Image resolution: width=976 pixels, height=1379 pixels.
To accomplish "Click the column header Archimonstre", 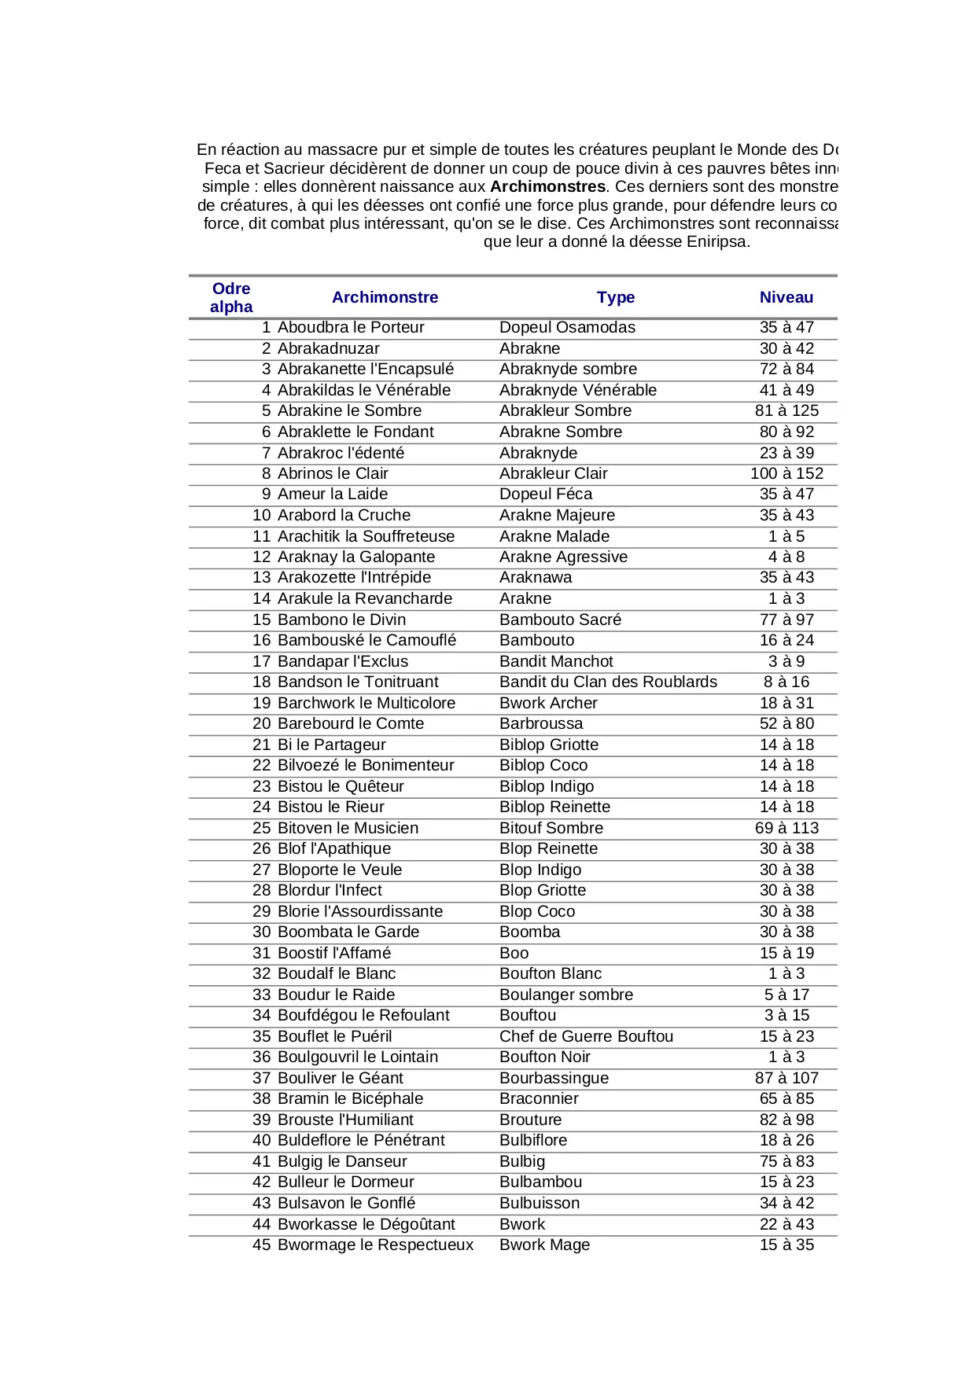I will [x=385, y=297].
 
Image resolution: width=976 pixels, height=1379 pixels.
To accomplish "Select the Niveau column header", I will [x=786, y=297].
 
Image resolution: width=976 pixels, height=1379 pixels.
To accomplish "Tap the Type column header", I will [x=615, y=297].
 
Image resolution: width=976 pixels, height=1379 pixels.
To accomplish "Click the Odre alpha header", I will [x=231, y=297].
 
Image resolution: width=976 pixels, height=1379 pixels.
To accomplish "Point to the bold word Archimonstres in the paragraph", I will [x=547, y=186].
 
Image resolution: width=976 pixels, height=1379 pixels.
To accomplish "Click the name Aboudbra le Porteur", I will [x=351, y=327].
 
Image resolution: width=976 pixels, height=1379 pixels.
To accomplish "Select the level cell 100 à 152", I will [x=786, y=473].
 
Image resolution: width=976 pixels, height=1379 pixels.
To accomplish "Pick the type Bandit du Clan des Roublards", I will [x=608, y=682].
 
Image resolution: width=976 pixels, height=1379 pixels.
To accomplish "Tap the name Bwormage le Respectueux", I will [x=376, y=1245].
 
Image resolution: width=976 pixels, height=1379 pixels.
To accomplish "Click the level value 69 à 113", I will [x=786, y=828].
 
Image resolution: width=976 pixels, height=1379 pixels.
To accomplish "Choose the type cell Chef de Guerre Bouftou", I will [x=586, y=1036].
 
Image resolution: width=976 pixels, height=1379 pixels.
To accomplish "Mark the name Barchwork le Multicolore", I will [x=366, y=703].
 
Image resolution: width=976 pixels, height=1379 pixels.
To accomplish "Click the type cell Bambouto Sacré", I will [x=560, y=620].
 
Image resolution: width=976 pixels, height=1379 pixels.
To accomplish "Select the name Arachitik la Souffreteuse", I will [x=366, y=536].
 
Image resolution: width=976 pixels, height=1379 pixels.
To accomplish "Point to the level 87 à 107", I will [x=786, y=1078].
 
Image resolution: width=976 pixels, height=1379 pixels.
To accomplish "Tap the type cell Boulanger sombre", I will [x=566, y=995].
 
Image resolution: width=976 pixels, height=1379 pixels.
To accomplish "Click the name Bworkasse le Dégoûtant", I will [x=366, y=1224].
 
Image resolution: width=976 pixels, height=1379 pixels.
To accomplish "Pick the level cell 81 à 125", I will [x=786, y=410].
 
